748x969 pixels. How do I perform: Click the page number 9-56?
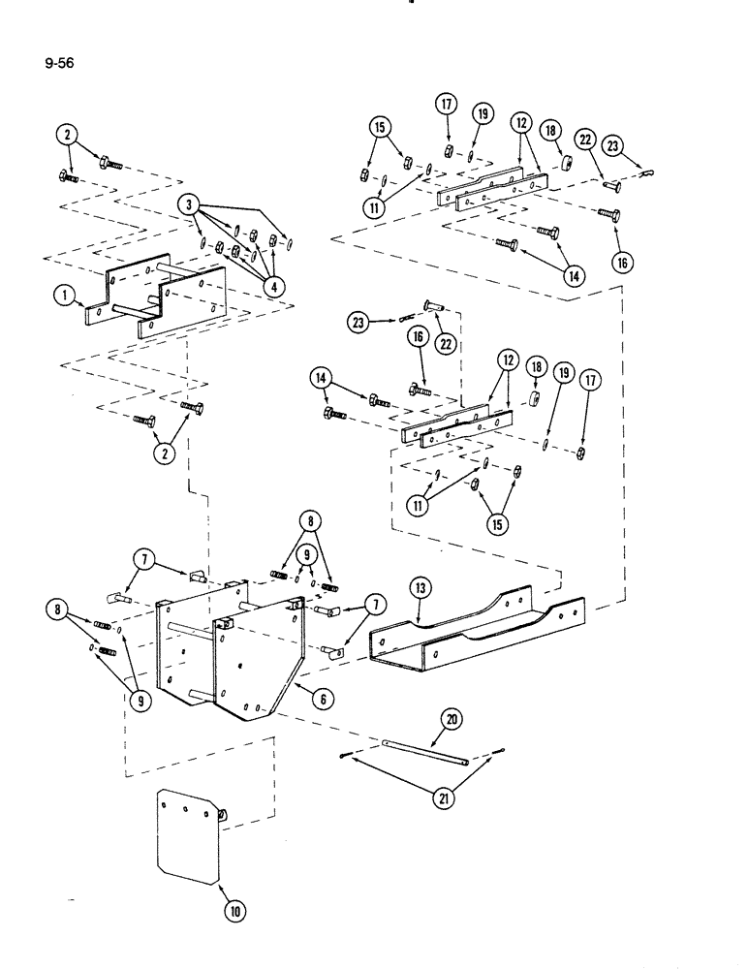click(x=59, y=65)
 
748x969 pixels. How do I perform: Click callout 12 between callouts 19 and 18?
click(x=522, y=124)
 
